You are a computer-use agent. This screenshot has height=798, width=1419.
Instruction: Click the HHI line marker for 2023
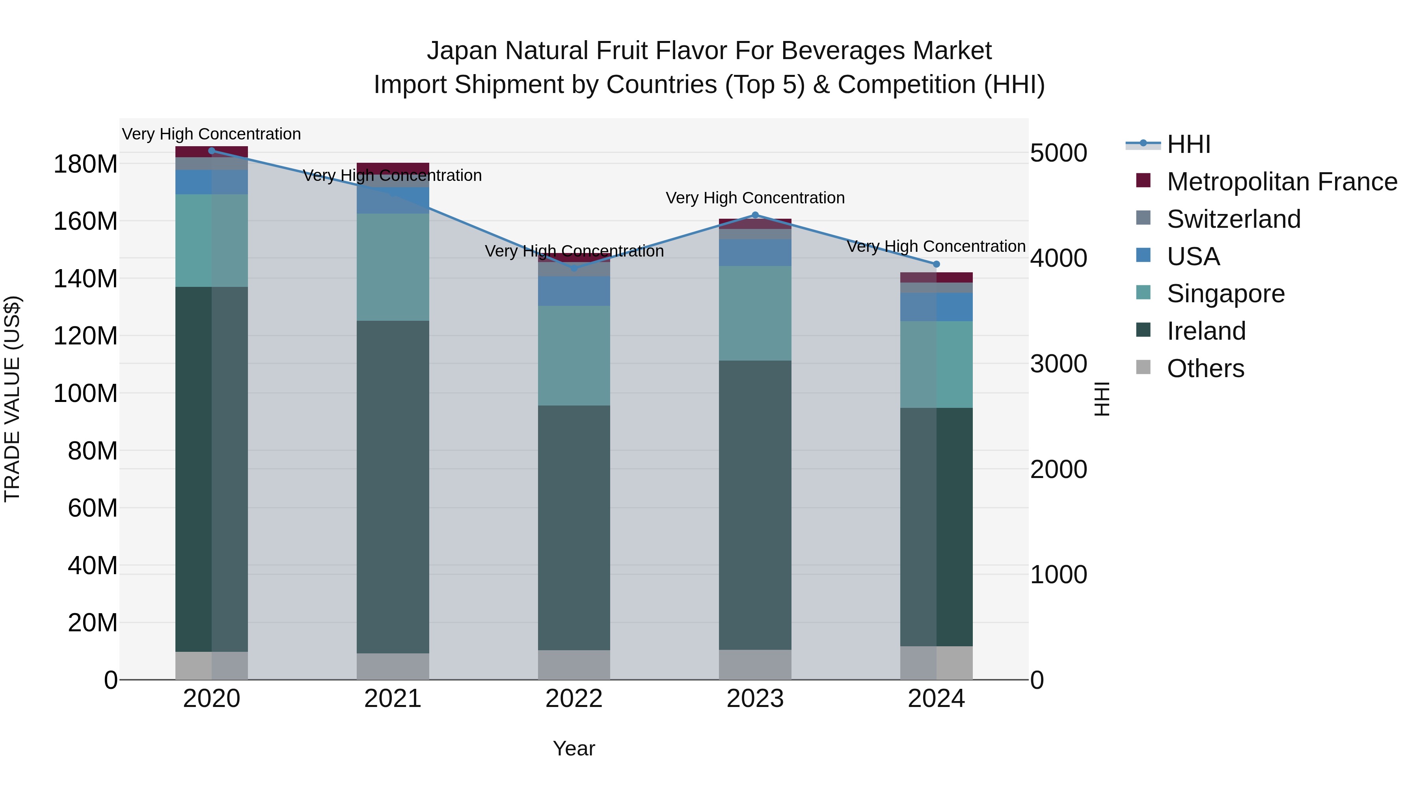pyautogui.click(x=755, y=215)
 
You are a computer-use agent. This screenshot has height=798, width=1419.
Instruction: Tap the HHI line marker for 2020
pyautogui.click(x=212, y=151)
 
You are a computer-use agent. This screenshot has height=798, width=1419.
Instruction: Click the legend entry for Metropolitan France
pyautogui.click(x=1281, y=182)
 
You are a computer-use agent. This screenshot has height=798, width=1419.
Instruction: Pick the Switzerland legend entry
pyautogui.click(x=1233, y=219)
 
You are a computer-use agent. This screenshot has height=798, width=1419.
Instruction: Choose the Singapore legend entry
pyautogui.click(x=1225, y=294)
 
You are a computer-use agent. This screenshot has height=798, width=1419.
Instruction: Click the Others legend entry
pyautogui.click(x=1205, y=368)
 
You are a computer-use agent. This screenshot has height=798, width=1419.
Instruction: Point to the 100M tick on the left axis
pyautogui.click(x=86, y=394)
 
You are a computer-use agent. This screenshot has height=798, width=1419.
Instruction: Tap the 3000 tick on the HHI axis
pyautogui.click(x=1058, y=364)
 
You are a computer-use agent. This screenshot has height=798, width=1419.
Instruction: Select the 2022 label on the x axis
pyautogui.click(x=574, y=699)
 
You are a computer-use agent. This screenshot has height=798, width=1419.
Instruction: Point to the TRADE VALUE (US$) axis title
pyautogui.click(x=12, y=399)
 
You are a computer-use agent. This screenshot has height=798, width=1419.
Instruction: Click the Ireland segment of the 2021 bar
pyautogui.click(x=393, y=487)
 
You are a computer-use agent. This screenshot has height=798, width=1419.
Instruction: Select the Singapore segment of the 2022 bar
pyautogui.click(x=574, y=356)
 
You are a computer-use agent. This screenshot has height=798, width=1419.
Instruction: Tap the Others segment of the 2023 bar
pyautogui.click(x=755, y=665)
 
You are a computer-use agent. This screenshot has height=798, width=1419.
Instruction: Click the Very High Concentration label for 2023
pyautogui.click(x=755, y=198)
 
